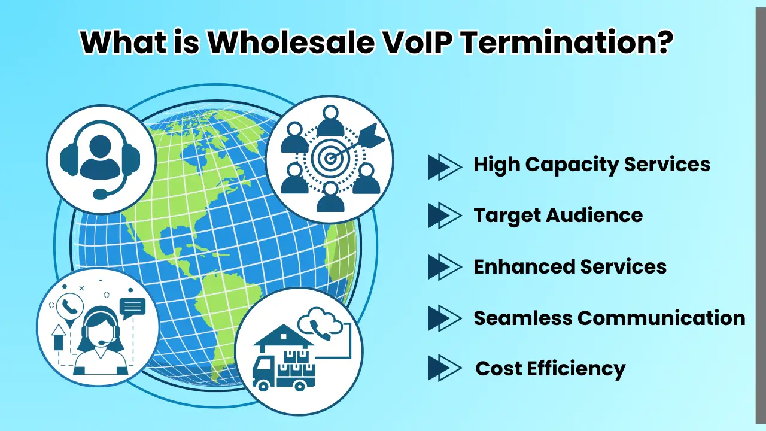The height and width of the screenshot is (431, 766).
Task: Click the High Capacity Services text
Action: pyautogui.click(x=592, y=165)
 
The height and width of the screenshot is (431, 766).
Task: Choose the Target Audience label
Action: pyautogui.click(x=558, y=215)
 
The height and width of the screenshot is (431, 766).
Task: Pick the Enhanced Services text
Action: pyautogui.click(x=570, y=266)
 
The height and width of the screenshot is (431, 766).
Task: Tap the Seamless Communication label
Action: pyautogui.click(x=609, y=318)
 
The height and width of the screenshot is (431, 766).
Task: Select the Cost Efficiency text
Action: pyautogui.click(x=550, y=368)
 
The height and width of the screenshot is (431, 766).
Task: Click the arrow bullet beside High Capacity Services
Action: pyautogui.click(x=444, y=166)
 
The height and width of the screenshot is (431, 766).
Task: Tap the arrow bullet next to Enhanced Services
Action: pyautogui.click(x=444, y=267)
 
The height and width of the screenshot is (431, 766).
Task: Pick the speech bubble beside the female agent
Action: pyautogui.click(x=132, y=307)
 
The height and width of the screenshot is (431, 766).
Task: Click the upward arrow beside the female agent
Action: pyautogui.click(x=59, y=338)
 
